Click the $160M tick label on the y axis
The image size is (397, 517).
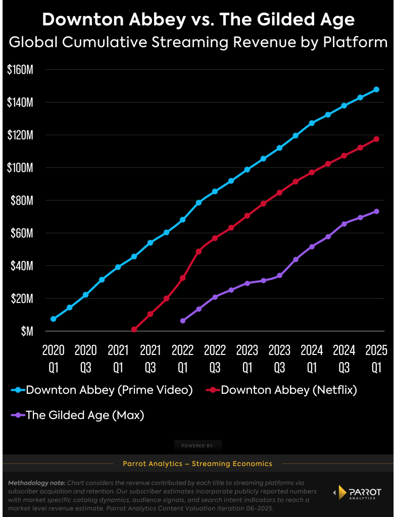click(20, 70)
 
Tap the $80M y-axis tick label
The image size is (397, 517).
click(22, 200)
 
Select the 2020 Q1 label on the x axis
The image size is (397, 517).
click(54, 358)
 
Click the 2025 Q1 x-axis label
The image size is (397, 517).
click(376, 358)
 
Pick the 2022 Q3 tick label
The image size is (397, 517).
click(215, 358)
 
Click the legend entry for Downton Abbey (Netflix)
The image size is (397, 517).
click(282, 390)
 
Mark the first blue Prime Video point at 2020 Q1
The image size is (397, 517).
click(54, 319)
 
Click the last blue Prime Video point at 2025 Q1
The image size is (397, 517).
click(376, 89)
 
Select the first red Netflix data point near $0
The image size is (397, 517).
click(134, 330)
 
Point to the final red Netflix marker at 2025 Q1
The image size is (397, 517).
click(376, 139)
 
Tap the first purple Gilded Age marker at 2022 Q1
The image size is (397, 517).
click(183, 321)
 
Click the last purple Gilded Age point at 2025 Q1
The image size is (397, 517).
click(376, 211)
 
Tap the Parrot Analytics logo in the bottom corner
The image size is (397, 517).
click(359, 493)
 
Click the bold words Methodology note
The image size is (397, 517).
click(36, 483)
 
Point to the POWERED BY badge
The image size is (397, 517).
click(198, 445)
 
